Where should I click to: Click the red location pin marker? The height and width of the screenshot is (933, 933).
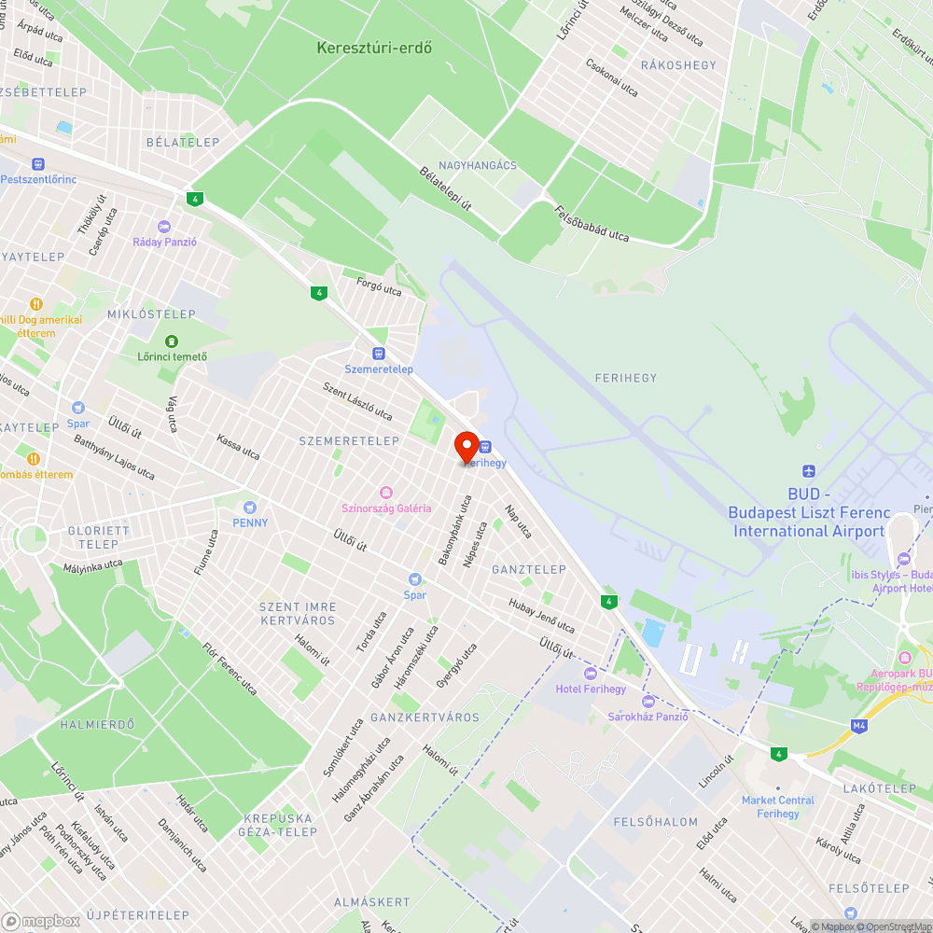466,446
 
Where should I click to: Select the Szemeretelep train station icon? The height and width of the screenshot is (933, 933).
379,354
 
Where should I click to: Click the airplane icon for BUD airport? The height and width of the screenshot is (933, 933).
808,472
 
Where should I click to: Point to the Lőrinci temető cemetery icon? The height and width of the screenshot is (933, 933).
171,341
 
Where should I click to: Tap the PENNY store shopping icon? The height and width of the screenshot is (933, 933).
249,507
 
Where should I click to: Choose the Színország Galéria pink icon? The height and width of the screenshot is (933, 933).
386,493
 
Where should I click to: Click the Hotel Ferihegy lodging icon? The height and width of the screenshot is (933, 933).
590,674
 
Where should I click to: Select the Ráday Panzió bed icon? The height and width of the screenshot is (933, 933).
165,227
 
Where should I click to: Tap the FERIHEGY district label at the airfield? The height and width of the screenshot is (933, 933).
625,378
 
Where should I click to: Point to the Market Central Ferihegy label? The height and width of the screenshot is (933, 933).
777,806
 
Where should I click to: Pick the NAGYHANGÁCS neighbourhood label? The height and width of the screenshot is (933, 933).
478,165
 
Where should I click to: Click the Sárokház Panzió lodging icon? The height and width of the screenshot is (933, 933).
648,701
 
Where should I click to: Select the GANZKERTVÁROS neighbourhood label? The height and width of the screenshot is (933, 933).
425,717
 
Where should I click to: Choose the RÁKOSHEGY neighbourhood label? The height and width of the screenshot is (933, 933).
678,64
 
